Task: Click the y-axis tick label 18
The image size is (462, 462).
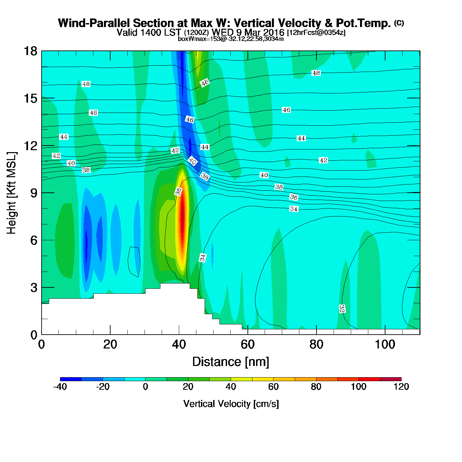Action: [x=30, y=51]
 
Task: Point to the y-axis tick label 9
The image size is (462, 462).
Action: [x=34, y=193]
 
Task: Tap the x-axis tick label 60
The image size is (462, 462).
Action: [x=247, y=345]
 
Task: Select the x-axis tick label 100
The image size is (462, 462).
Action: [x=385, y=345]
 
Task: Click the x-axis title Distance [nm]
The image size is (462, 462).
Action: [x=231, y=362]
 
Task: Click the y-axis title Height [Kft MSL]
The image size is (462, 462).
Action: [x=12, y=193]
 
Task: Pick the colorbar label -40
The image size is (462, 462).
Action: [x=60, y=387]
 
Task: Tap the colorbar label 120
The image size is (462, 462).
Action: [x=401, y=387]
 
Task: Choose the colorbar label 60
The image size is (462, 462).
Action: [x=273, y=387]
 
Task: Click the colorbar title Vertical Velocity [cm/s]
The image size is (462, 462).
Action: [x=231, y=404]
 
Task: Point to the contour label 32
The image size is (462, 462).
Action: [x=342, y=309]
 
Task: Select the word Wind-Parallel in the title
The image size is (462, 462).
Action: [x=94, y=23]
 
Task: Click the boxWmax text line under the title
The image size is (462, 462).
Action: [x=231, y=39]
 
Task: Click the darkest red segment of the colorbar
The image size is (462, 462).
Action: [x=391, y=379]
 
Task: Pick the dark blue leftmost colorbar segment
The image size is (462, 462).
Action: [x=71, y=379]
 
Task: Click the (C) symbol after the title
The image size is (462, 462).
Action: [x=399, y=23]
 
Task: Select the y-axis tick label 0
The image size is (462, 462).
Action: [x=34, y=335]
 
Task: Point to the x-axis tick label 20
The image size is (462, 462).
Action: [x=110, y=345]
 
